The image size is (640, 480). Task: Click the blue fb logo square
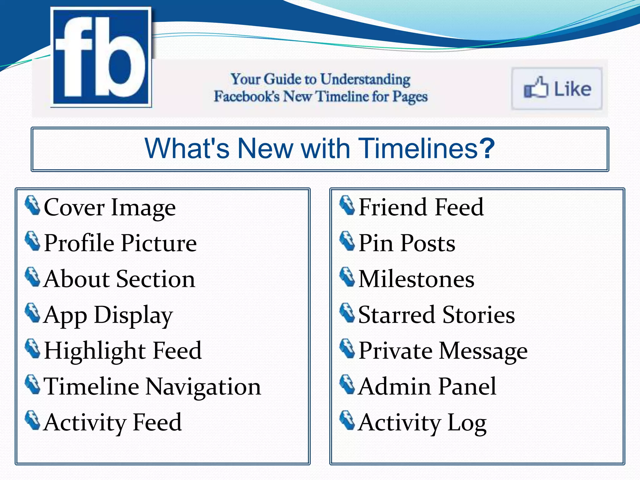(x=101, y=57)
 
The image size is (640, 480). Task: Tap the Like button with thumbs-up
(x=557, y=89)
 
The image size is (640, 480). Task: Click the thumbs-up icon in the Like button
(x=536, y=88)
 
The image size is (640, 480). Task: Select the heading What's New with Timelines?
(x=319, y=148)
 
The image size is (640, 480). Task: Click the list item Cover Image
(x=110, y=207)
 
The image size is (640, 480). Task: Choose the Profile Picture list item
(x=120, y=243)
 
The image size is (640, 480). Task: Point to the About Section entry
(x=119, y=279)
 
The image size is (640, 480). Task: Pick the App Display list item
(x=108, y=315)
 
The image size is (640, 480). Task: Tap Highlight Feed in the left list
(x=123, y=351)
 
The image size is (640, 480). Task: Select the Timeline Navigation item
(x=152, y=387)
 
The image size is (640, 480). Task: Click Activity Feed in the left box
(x=112, y=422)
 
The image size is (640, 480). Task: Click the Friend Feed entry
(x=421, y=207)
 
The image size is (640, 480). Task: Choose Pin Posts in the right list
(x=407, y=243)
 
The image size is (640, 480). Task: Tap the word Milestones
(x=416, y=279)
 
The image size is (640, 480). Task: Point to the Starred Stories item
(x=437, y=315)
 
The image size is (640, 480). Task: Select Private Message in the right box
(x=443, y=351)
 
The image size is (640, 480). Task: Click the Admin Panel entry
(x=427, y=387)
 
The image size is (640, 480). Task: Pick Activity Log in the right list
(x=422, y=422)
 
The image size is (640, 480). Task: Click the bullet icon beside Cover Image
(x=32, y=206)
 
